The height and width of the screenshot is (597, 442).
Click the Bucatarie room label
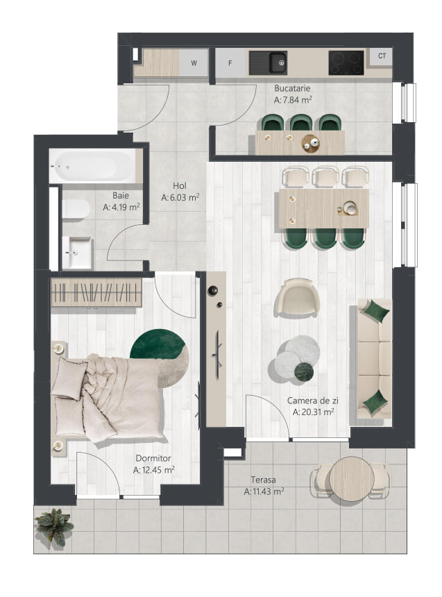(x=292, y=88)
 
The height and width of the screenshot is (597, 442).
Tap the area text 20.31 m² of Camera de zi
(x=314, y=412)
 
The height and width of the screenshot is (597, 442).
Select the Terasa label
(x=263, y=480)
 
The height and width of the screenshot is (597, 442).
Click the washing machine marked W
(x=194, y=63)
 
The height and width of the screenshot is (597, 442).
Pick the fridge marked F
(x=230, y=63)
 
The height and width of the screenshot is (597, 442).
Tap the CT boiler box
(x=382, y=56)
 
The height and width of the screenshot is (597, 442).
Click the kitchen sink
(x=269, y=63)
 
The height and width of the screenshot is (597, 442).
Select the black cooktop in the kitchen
(x=346, y=62)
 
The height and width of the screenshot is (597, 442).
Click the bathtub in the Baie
(x=92, y=167)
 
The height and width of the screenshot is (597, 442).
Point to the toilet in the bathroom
(x=76, y=210)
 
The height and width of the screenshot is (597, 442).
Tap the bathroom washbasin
(x=77, y=252)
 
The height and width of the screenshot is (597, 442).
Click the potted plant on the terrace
(x=54, y=525)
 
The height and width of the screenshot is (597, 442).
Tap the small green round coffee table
(x=304, y=371)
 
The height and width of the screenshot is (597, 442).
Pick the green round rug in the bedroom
(x=157, y=343)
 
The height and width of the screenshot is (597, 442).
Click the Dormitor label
(x=153, y=458)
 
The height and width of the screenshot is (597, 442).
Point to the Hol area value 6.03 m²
(x=180, y=198)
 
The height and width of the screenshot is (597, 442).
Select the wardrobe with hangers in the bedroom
(x=96, y=292)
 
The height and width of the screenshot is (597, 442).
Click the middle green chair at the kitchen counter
(x=301, y=123)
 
